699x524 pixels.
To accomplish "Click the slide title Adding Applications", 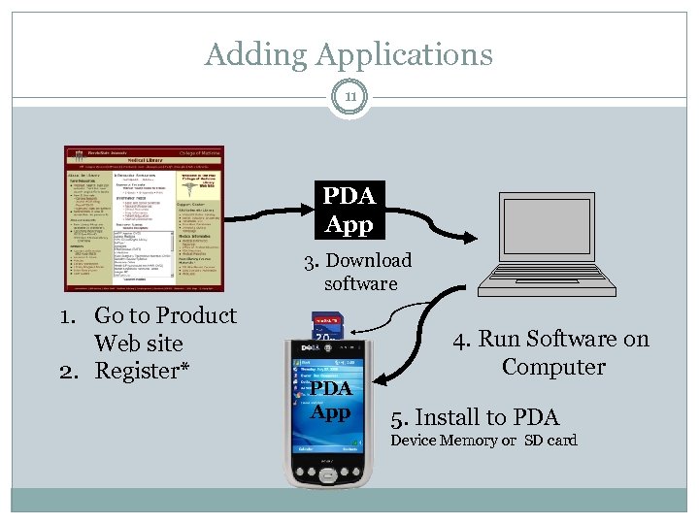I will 349,54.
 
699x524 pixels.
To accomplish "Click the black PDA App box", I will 349,211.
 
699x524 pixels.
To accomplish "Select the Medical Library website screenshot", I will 143,218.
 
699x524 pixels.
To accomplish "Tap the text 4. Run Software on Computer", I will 552,352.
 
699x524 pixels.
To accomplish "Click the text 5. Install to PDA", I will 475,417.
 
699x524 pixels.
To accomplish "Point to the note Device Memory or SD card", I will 483,441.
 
